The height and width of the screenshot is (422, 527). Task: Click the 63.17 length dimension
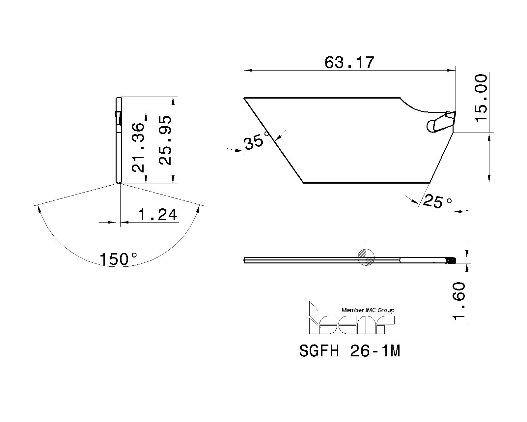coord(349,62)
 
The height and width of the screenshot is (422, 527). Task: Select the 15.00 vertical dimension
coord(481,98)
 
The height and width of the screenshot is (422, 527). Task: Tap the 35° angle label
coord(254,142)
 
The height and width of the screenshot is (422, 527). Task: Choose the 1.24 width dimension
coord(158,215)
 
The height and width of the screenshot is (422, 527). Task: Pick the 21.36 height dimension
coord(138,147)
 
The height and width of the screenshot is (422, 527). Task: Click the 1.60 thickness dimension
coord(458,301)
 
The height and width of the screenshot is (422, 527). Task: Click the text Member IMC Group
coord(368,310)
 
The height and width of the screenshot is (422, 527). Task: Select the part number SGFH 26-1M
coord(349,351)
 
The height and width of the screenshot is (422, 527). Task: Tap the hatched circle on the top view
coord(366,256)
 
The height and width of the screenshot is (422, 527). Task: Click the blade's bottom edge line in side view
coord(366,182)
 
